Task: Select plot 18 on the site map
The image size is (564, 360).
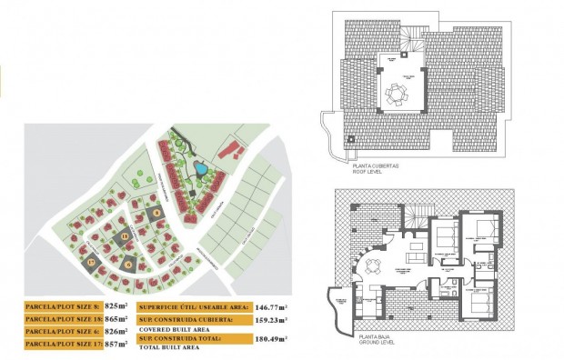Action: point(125,236)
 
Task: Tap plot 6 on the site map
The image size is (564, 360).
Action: point(128,264)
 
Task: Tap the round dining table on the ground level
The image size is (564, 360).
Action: point(374,266)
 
